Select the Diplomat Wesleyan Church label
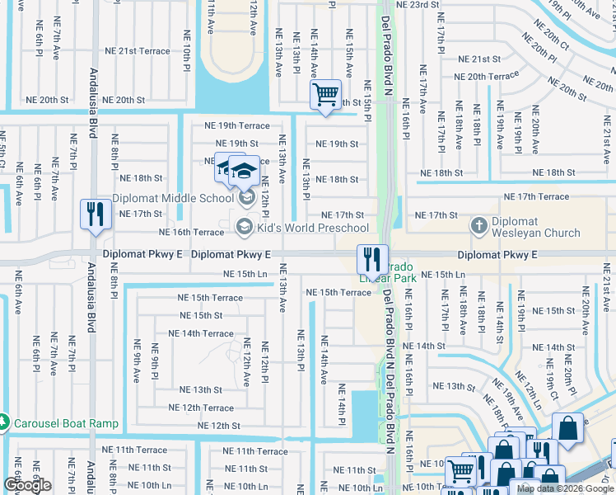click(x=547, y=229)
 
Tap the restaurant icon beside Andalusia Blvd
click(x=95, y=214)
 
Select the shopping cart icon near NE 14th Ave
click(x=325, y=95)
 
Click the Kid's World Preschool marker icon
click(x=245, y=226)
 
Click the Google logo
click(x=27, y=485)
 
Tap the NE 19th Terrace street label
click(x=231, y=125)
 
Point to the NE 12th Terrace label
click(x=201, y=408)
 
